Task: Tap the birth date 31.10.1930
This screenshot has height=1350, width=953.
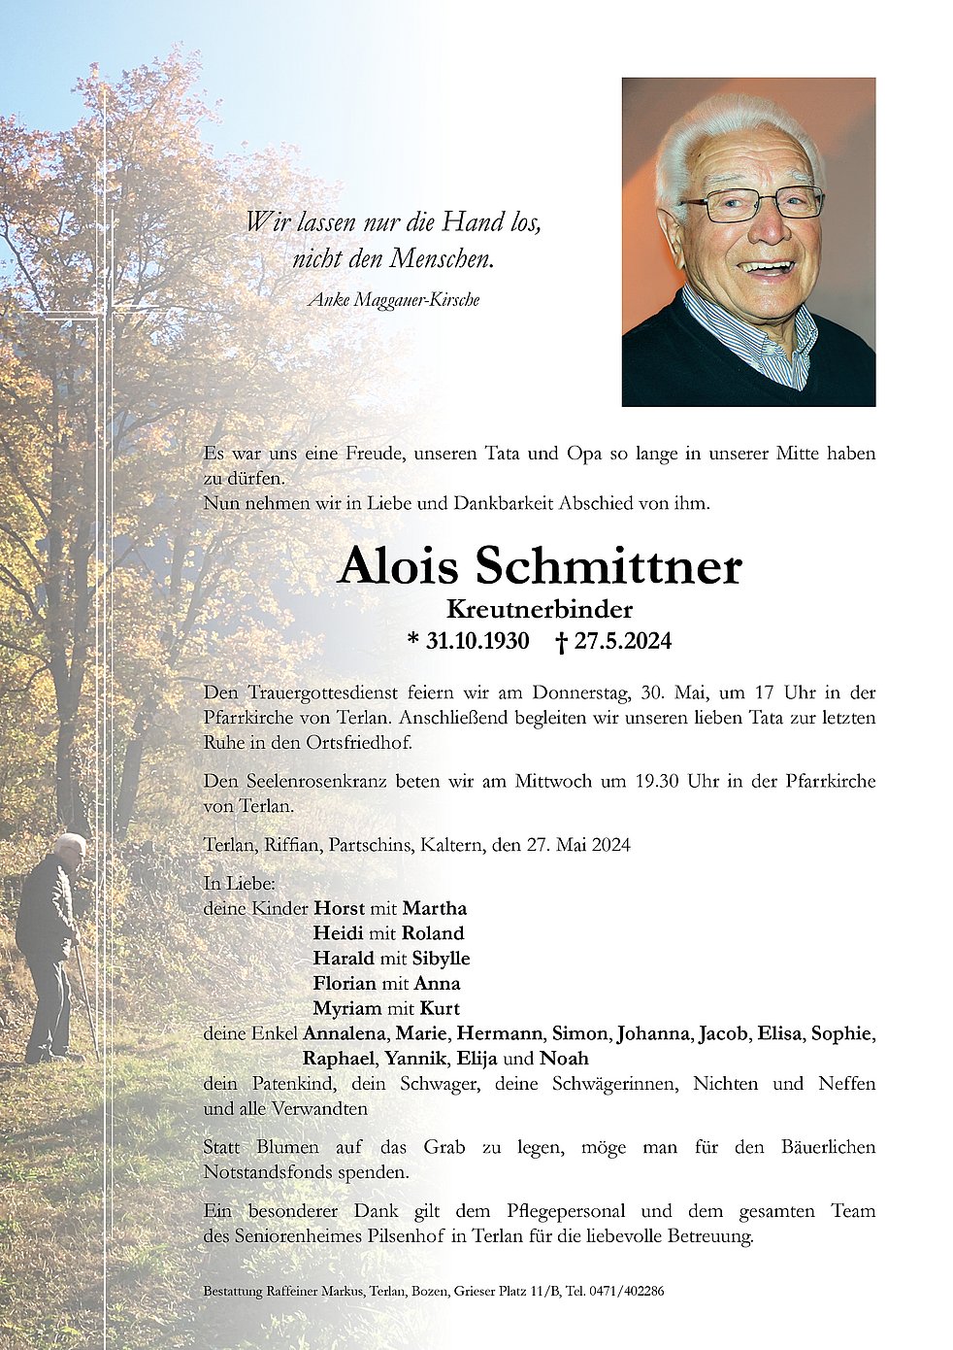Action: [x=477, y=641]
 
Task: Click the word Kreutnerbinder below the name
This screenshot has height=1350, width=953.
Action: [x=540, y=609]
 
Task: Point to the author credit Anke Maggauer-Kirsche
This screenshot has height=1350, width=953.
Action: [x=393, y=300]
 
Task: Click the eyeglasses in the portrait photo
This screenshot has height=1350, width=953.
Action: [x=752, y=204]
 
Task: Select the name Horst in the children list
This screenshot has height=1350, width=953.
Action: [x=339, y=909]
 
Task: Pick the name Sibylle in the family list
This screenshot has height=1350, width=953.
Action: [x=441, y=959]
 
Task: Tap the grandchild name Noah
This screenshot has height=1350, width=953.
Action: [x=564, y=1059]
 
